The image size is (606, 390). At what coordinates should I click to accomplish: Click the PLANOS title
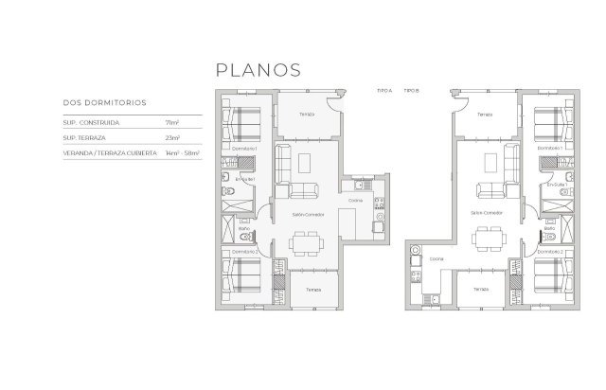point(258,70)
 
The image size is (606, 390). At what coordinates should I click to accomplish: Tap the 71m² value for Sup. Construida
point(172,122)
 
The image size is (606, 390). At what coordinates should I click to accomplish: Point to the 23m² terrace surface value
point(172,137)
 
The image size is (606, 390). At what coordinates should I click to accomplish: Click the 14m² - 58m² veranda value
point(182,152)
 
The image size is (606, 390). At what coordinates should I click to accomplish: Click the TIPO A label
point(384,89)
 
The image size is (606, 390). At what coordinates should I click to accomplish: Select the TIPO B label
point(411,89)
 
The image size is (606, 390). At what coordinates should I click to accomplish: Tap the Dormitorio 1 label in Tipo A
point(245,150)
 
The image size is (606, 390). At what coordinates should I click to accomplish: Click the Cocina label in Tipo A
point(355,201)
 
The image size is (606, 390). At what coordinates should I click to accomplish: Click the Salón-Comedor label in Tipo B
point(487,214)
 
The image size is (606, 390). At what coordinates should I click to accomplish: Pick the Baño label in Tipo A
point(243,228)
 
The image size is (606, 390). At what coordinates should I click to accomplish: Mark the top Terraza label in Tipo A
point(306,115)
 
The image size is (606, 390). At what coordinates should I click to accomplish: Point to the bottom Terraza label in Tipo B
point(481,289)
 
